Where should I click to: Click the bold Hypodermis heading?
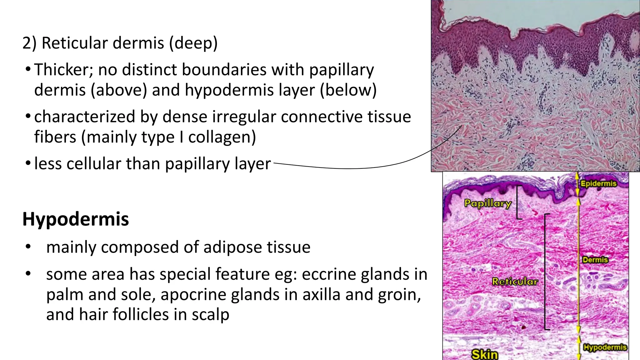tap(75, 219)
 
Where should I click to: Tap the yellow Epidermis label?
tap(598, 183)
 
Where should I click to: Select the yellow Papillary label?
tap(487, 203)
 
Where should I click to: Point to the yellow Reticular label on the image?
tap(515, 282)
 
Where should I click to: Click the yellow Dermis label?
tap(595, 260)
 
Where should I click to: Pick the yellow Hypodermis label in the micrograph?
tap(605, 347)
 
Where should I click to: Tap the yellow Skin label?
tap(485, 354)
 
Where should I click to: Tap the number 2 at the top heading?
tap(27, 43)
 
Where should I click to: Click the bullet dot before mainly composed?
tap(28, 247)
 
